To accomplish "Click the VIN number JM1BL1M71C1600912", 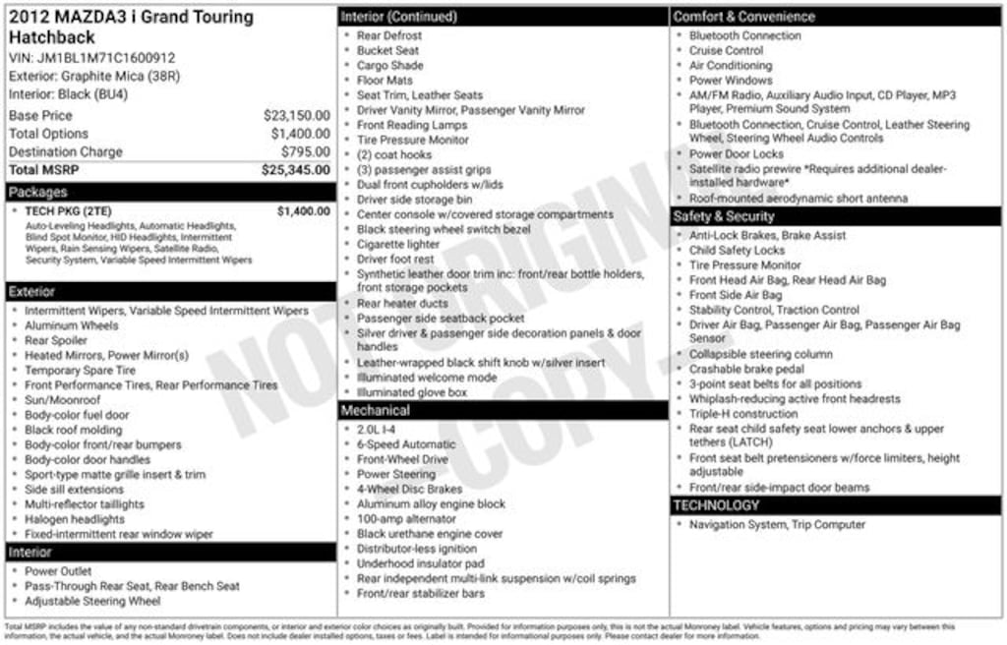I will tap(106, 58).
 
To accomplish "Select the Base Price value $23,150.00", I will tap(296, 115).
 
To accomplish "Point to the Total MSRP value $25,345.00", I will tap(295, 170).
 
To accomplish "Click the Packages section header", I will tap(38, 192).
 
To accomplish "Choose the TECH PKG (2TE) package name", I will tap(68, 210).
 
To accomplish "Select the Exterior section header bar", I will tap(33, 292).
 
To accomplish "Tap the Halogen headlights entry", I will tap(75, 519).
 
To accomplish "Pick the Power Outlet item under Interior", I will tap(58, 571).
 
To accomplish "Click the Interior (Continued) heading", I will tap(398, 17).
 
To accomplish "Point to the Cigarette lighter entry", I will tap(398, 244).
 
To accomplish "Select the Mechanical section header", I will tap(376, 410).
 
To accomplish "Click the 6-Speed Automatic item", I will tap(406, 444).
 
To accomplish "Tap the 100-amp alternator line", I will tap(406, 519).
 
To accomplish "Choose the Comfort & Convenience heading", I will tap(743, 17).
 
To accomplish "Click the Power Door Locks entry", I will tap(737, 154).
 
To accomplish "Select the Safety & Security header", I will tap(724, 216).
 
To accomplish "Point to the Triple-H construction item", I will tap(743, 414).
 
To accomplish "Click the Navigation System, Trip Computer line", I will tap(777, 525).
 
